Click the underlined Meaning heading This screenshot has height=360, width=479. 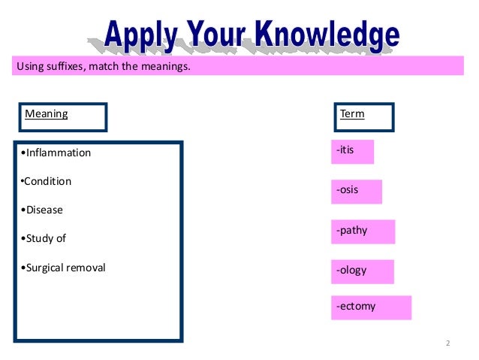(x=47, y=115)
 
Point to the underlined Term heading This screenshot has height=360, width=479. (x=352, y=115)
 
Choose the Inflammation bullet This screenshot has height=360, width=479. (x=56, y=153)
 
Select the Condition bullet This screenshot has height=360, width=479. (x=47, y=181)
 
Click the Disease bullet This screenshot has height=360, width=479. (x=42, y=210)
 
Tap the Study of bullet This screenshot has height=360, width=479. (x=44, y=238)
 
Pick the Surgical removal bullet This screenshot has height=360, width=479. (x=64, y=267)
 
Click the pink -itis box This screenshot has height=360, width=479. (x=352, y=152)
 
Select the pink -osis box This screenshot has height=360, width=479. (x=356, y=192)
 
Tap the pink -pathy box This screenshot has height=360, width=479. (x=363, y=231)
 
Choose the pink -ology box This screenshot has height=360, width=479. (x=362, y=271)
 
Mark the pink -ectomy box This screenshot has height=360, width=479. (x=371, y=307)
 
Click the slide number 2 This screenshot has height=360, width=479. (x=447, y=343)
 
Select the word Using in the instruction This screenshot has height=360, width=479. (x=29, y=67)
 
